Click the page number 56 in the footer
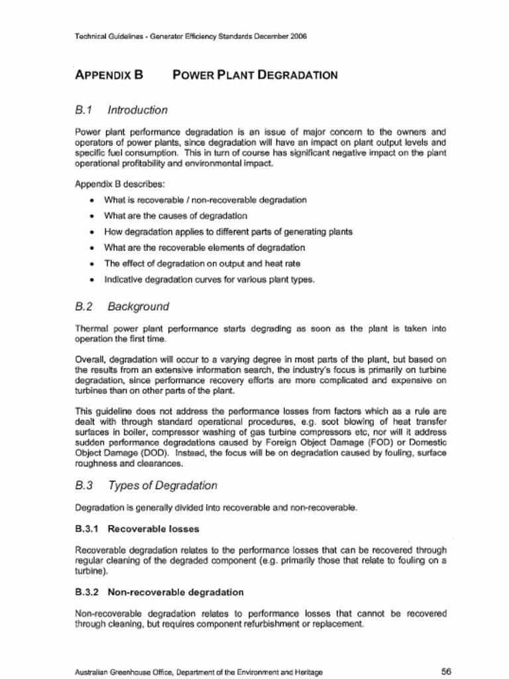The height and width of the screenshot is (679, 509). pos(446,671)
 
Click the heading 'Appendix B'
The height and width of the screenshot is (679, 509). pos(109,75)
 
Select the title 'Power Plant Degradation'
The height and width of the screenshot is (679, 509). pos(254,75)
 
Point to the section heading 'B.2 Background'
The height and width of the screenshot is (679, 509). pos(122,306)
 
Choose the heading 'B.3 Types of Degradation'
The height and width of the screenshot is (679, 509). pos(146,485)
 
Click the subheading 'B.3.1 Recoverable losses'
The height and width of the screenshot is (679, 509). pos(137,529)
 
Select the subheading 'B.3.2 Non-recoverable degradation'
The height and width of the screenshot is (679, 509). pos(159,591)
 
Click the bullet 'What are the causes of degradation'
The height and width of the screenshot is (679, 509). pos(176,216)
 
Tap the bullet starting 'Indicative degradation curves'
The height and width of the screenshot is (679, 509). pos(209,279)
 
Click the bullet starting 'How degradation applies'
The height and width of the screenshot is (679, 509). pos(228,231)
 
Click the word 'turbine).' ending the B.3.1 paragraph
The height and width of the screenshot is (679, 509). pos(91,570)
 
